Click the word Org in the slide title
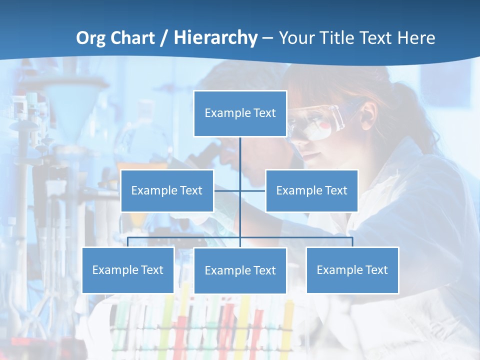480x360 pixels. [x=90, y=38]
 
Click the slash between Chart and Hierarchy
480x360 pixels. [x=164, y=38]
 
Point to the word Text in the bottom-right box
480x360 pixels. [x=376, y=270]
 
